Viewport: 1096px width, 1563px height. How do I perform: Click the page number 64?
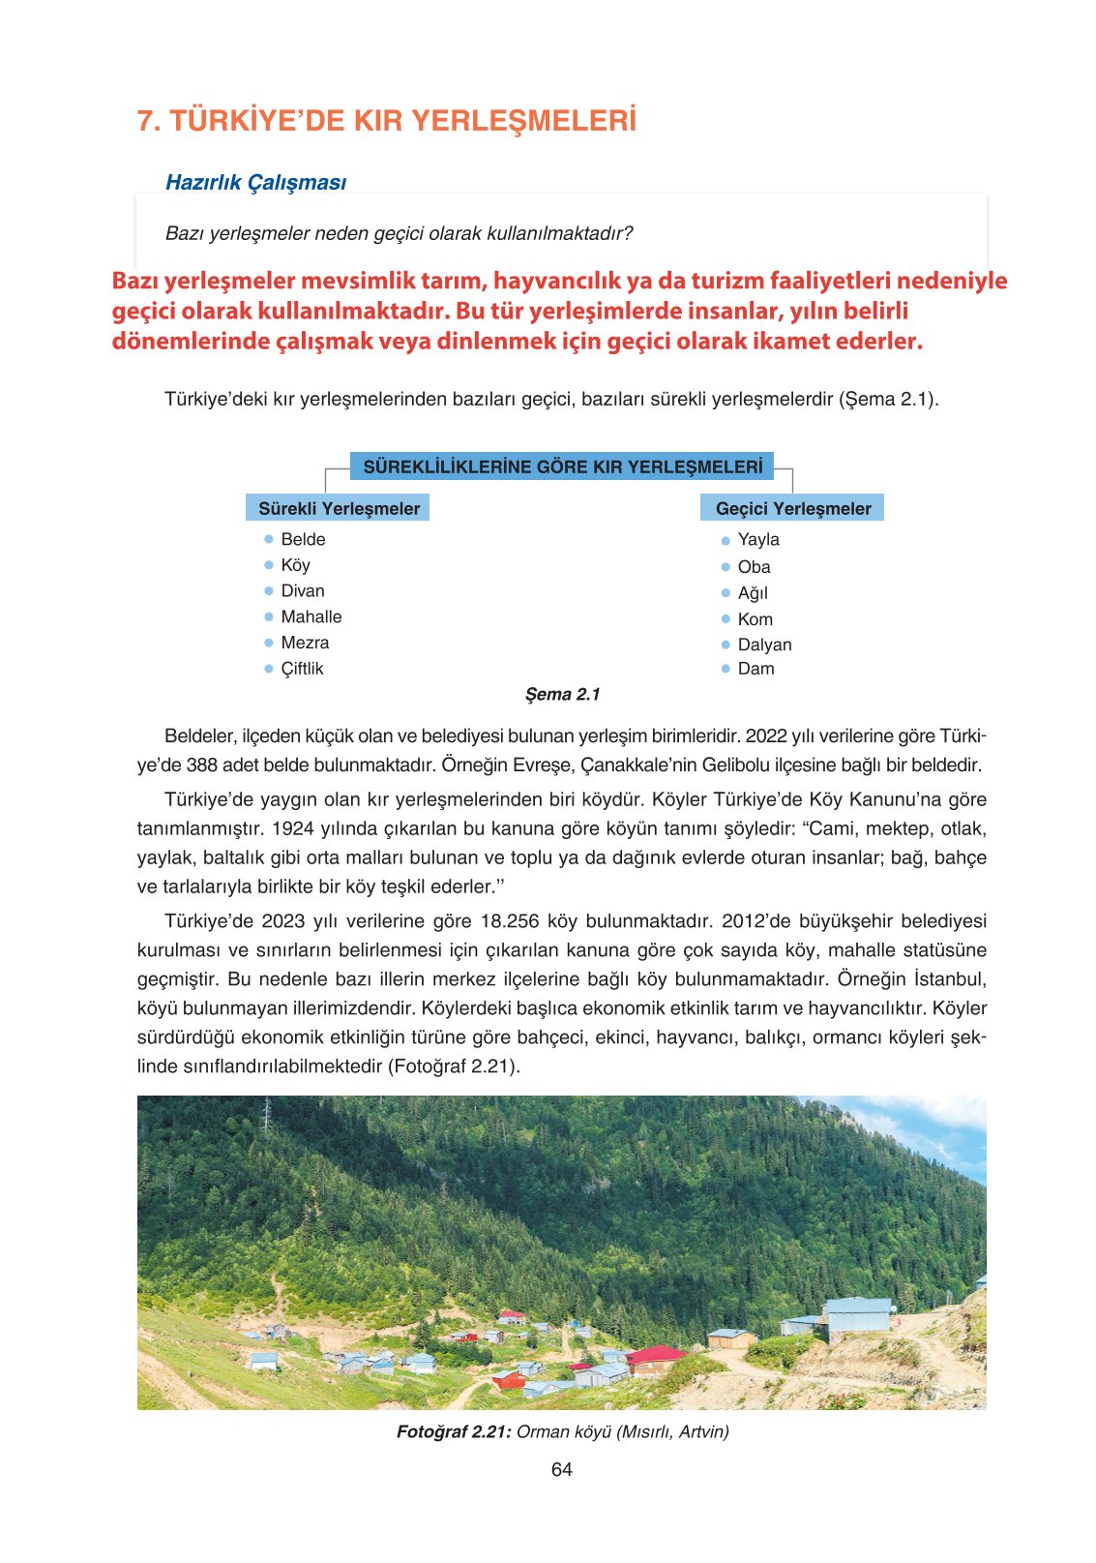[561, 1469]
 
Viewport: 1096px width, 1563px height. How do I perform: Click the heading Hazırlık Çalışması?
[255, 182]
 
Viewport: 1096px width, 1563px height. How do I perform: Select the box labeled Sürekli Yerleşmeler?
[338, 508]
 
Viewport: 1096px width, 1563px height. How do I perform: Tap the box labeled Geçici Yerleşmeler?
[792, 508]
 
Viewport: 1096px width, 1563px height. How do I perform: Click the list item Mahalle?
[311, 616]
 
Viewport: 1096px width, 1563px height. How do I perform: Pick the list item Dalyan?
[764, 645]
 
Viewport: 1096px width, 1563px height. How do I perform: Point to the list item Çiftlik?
[302, 669]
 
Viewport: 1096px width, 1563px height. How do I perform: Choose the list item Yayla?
[757, 539]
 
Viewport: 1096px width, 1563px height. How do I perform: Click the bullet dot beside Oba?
[726, 567]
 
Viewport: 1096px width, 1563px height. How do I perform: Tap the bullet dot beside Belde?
[269, 539]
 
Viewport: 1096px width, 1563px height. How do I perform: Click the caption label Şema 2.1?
[562, 694]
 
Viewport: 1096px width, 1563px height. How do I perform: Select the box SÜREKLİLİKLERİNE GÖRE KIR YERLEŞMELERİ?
[562, 466]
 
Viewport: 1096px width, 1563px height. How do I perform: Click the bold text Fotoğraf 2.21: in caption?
[453, 1431]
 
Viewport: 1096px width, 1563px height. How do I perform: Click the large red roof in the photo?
[656, 1354]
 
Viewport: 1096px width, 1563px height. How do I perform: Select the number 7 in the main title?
[146, 121]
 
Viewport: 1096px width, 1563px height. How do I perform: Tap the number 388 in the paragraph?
[202, 765]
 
